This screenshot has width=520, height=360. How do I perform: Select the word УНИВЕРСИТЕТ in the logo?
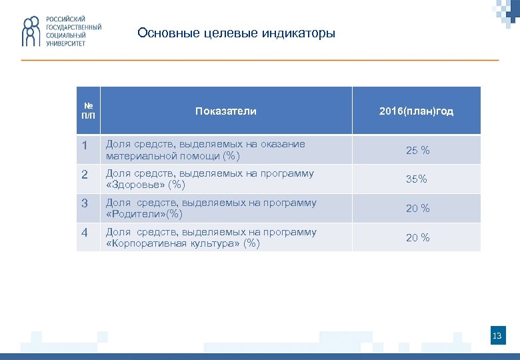65,43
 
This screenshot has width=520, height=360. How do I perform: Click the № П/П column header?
89,111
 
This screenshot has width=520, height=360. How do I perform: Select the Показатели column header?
225,111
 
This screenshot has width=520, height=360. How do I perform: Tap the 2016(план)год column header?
416,111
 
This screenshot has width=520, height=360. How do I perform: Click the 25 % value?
418,151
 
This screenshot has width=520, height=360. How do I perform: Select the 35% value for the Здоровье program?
417,179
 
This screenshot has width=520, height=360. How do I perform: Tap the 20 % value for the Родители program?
418,209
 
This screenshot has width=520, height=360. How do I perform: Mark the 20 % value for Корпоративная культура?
418,238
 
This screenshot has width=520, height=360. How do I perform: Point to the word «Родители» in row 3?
135,215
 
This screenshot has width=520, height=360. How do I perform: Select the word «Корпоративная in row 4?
147,244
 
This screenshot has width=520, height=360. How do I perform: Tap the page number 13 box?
497,336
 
